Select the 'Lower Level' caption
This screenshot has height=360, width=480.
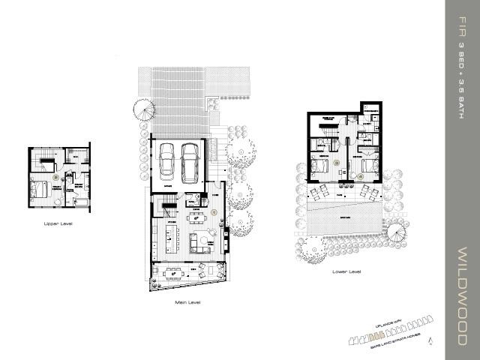click(345, 271)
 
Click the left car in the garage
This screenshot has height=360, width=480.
click(167, 158)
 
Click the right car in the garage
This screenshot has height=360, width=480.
click(189, 158)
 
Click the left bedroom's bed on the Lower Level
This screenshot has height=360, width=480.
click(320, 166)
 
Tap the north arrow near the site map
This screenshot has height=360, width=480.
click(430, 342)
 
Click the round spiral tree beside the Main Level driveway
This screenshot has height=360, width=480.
click(145, 112)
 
